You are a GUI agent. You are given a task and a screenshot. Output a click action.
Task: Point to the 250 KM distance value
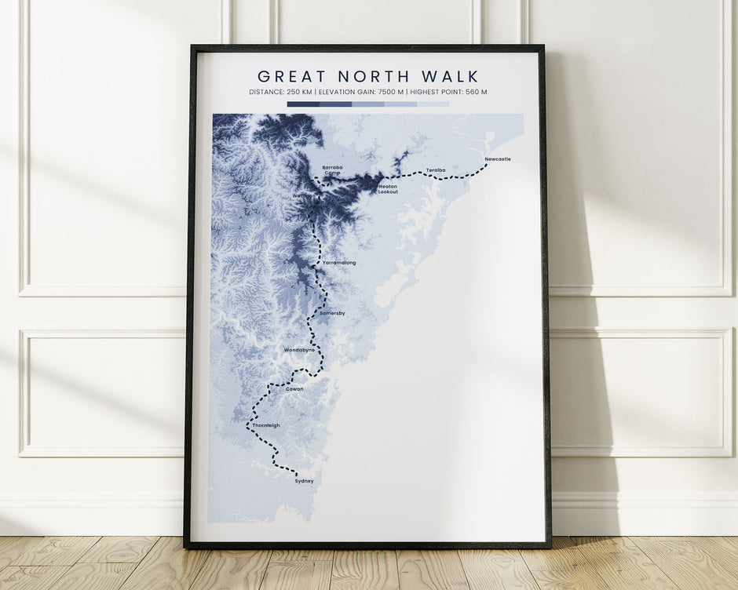298,93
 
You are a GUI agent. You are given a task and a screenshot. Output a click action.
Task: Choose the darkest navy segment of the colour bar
303,104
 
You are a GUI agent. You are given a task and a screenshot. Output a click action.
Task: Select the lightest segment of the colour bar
433,104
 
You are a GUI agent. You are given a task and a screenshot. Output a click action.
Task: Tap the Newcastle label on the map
498,159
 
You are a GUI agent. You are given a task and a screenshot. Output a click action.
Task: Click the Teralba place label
436,169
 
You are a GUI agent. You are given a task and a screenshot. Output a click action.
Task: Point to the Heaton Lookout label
388,189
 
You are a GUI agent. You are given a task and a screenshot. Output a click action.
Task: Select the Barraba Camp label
332,169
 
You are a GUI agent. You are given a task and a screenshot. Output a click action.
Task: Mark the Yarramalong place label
339,263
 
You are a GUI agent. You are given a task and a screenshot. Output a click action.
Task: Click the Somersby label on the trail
332,313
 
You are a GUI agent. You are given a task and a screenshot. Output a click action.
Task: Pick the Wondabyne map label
299,350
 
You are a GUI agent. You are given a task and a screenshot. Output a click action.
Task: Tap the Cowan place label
294,389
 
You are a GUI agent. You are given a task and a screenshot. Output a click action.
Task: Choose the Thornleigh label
266,425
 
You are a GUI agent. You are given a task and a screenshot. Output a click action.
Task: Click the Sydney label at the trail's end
304,481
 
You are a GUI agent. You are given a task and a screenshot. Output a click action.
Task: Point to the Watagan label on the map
303,196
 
